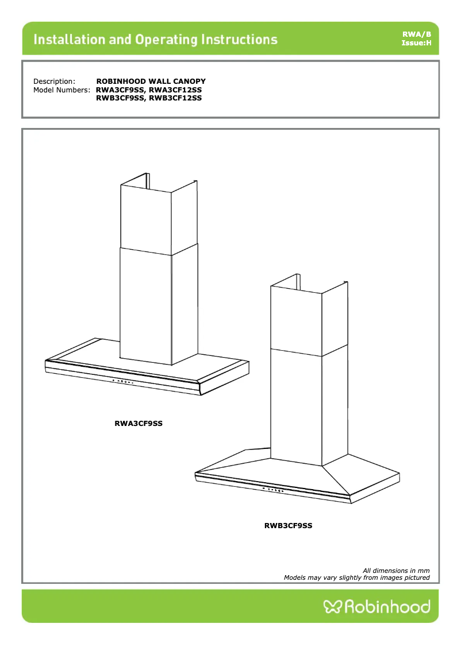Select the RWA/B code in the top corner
417,34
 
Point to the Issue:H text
416,43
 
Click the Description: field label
54,82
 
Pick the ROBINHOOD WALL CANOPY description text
151,82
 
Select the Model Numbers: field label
62,90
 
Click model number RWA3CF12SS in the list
175,90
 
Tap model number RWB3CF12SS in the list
175,98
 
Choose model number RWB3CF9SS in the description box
120,98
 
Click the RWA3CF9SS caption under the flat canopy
139,424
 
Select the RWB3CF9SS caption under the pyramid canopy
288,526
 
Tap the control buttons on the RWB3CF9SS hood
274,490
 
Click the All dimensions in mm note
396,571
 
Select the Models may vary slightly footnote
356,578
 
